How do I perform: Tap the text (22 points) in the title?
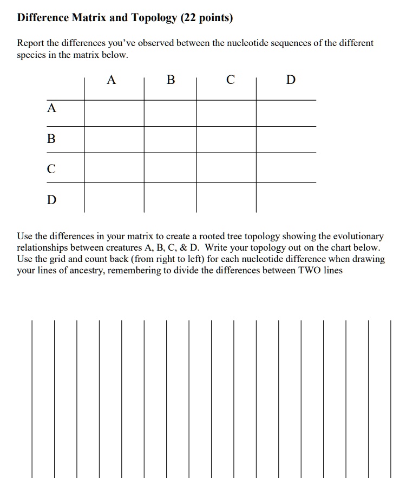click(206, 18)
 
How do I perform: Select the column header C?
click(230, 80)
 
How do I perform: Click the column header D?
click(291, 80)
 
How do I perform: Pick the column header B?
click(171, 80)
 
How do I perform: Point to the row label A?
click(51, 108)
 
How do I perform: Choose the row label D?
click(51, 200)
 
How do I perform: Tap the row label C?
click(51, 169)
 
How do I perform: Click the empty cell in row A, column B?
click(170, 113)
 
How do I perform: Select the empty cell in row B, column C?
click(226, 140)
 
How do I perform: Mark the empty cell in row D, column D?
click(286, 197)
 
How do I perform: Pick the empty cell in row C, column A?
click(114, 167)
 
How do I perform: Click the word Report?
click(31, 43)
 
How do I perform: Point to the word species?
click(32, 55)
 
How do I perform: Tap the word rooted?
click(214, 237)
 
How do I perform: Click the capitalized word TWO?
click(310, 270)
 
